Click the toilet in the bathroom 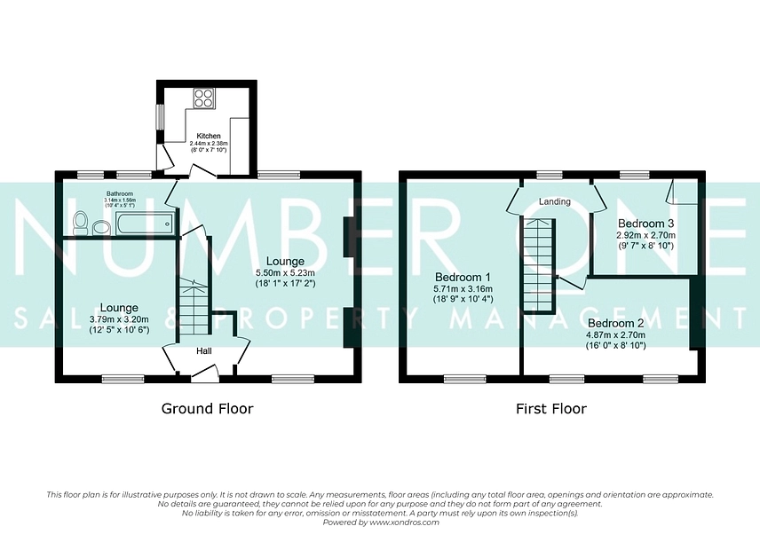80,224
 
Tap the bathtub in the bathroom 144,224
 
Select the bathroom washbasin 101,227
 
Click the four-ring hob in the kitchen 203,98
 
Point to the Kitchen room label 209,136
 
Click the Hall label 204,351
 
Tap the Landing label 555,201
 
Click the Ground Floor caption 207,409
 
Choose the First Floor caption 551,409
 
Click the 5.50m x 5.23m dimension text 286,272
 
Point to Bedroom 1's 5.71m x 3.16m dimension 463,289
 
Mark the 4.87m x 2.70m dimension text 615,334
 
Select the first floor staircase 538,265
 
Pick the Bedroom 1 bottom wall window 465,379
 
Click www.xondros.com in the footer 404,522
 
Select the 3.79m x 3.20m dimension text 119,319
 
